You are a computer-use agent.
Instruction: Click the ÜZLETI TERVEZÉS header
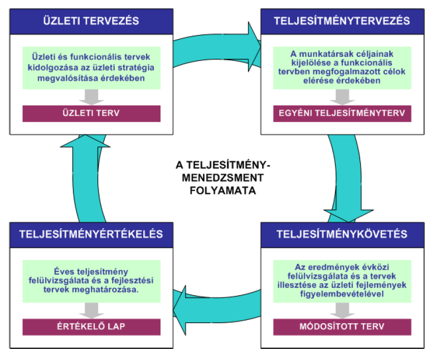click(91, 21)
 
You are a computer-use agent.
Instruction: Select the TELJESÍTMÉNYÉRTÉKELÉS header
click(91, 233)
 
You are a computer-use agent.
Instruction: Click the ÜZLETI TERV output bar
click(91, 113)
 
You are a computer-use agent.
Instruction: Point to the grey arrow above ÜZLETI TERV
click(91, 96)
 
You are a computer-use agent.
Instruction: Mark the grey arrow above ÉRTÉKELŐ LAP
click(91, 309)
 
